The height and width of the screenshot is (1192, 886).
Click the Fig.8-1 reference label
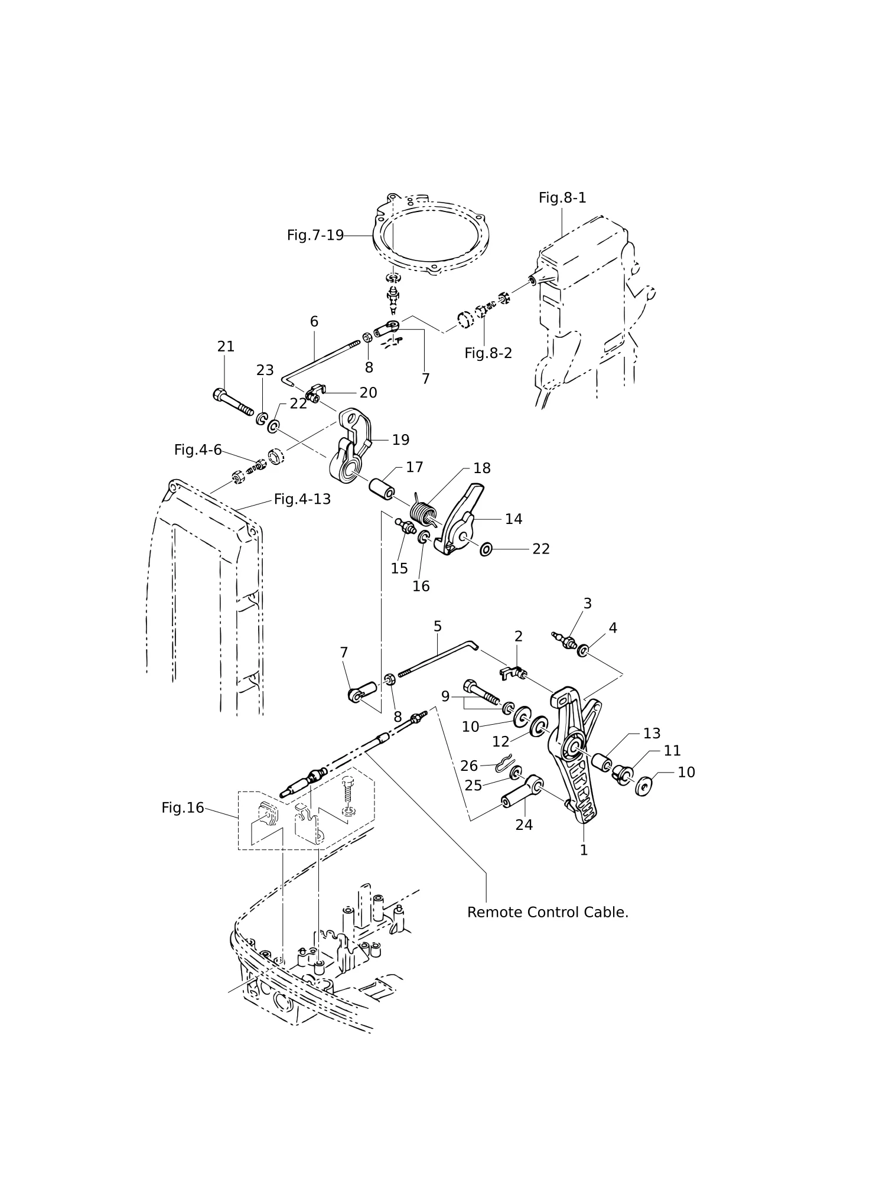[x=562, y=198]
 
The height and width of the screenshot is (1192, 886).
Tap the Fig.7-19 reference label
[x=315, y=235]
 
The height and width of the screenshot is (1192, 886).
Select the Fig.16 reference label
[x=183, y=807]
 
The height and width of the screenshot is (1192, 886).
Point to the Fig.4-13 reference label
[x=302, y=499]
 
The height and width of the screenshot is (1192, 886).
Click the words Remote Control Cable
[x=548, y=912]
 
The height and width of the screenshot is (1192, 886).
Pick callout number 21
[x=226, y=347]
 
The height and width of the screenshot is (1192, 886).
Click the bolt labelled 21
[x=233, y=402]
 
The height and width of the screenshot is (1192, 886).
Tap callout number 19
[x=400, y=439]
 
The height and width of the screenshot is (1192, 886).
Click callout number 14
[x=513, y=519]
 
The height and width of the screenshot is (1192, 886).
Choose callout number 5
[x=438, y=626]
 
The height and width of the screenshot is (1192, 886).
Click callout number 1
[x=584, y=850]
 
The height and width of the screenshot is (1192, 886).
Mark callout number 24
[x=524, y=825]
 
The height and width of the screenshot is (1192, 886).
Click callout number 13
[x=652, y=733]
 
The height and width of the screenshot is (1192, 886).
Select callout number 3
[x=587, y=603]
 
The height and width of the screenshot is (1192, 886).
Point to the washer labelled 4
[x=582, y=651]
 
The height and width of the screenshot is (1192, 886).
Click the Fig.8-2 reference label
[x=488, y=353]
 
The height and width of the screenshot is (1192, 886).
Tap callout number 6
[x=314, y=321]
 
